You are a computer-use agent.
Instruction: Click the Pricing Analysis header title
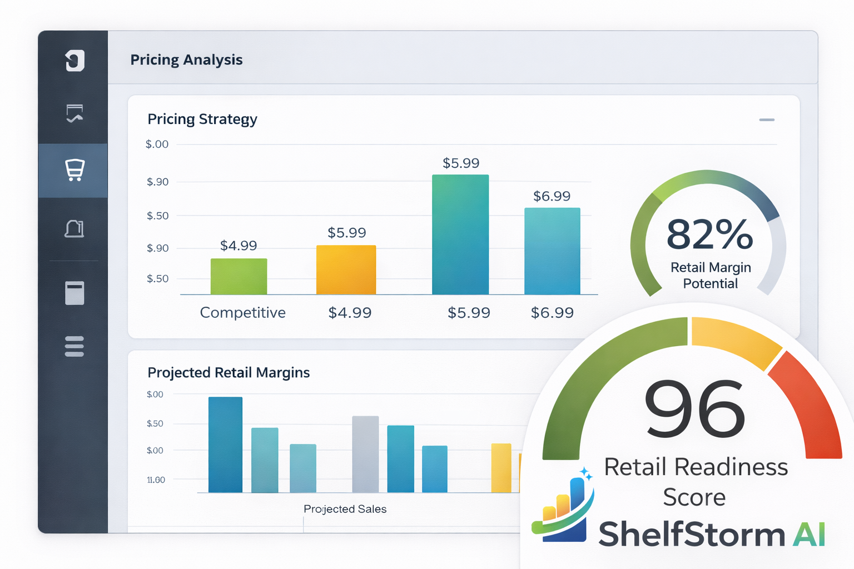coord(186,60)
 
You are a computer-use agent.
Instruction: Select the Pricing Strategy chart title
coord(202,119)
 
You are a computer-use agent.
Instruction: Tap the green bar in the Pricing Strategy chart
coord(239,277)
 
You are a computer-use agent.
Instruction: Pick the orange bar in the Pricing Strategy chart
coord(346,270)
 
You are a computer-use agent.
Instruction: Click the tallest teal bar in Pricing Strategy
coord(460,234)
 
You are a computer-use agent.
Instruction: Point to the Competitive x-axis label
coord(242,313)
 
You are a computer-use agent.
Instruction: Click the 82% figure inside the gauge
coord(709,234)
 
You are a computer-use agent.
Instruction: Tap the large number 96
coord(694,409)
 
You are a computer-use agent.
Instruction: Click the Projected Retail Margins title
coord(229,373)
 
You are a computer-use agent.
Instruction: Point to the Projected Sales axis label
coord(345,509)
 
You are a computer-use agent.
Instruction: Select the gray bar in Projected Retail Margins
coord(365,454)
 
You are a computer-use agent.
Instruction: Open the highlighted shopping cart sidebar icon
coord(75,170)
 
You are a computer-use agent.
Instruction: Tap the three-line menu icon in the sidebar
coord(74,346)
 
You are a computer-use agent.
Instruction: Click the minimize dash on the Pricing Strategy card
coord(767,120)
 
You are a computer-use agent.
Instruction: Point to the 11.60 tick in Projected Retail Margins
coord(156,480)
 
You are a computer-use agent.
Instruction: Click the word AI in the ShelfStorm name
coord(809,535)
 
